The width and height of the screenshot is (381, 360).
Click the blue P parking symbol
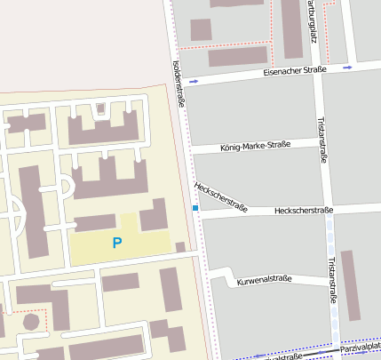117,242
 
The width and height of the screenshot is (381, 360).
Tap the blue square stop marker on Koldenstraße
195,208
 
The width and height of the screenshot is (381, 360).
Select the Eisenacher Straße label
295,70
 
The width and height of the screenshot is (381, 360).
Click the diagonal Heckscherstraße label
220,195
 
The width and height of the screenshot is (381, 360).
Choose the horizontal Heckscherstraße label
304,211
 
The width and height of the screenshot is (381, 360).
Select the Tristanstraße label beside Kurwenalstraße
332,280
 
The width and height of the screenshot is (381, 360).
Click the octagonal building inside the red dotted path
32,320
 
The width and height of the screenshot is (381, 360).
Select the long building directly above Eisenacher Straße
238,56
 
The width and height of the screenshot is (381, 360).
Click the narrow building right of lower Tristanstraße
352,284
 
